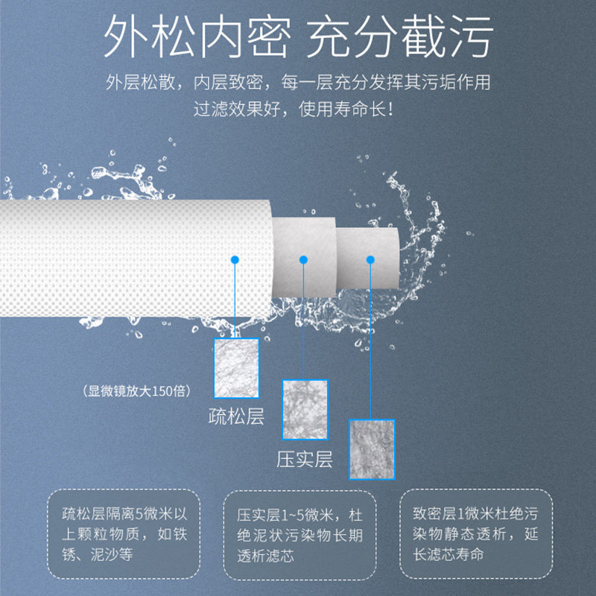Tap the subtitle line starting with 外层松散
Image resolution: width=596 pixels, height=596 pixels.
[x=298, y=82]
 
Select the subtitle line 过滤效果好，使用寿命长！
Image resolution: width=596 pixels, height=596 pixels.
[x=298, y=109]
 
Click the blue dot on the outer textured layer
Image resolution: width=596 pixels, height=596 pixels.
[x=235, y=259]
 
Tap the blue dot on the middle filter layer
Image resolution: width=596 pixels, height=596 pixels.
[x=303, y=259]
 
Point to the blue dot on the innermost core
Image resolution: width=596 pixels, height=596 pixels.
[x=370, y=259]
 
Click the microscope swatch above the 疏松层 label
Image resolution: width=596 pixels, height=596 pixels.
[x=236, y=368]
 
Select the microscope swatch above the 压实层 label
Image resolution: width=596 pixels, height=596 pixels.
[x=305, y=409]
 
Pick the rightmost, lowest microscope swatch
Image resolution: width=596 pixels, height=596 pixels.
[x=372, y=448]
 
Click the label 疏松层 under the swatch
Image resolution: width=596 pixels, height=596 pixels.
[x=236, y=416]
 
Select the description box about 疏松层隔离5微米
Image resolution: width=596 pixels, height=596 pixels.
[x=124, y=534]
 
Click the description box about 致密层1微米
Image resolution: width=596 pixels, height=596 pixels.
[x=475, y=534]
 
